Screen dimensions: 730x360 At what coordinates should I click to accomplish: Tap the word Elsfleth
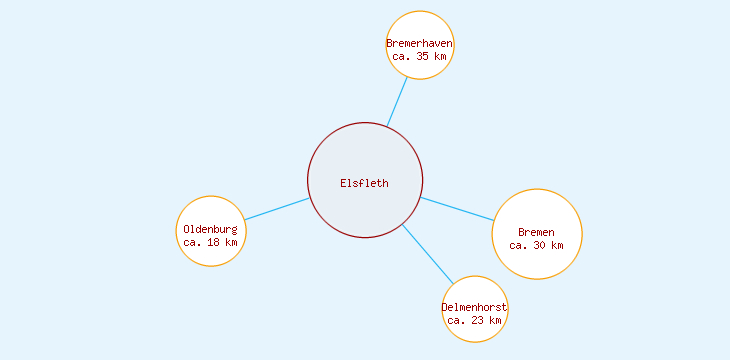[x=364, y=183]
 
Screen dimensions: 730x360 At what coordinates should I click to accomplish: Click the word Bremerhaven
[x=420, y=43]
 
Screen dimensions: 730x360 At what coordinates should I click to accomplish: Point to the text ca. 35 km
[x=420, y=56]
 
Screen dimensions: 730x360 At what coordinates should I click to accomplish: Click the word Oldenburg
[x=211, y=229]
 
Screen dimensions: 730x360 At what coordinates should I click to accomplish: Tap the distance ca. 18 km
[x=211, y=242]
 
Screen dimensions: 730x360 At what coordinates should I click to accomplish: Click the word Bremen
[x=537, y=232]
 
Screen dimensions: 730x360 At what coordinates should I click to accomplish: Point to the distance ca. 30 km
[x=537, y=245]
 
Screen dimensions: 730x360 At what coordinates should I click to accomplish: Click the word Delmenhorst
[x=475, y=307]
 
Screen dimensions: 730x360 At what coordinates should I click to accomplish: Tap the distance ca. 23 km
[x=475, y=320]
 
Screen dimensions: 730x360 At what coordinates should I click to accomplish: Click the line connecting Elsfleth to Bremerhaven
[x=397, y=102]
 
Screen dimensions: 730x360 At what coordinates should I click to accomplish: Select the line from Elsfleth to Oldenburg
[x=277, y=209]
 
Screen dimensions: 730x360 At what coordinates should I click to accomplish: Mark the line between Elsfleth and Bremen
[x=457, y=209]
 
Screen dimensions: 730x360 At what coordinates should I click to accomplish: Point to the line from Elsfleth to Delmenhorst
[x=428, y=254]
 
